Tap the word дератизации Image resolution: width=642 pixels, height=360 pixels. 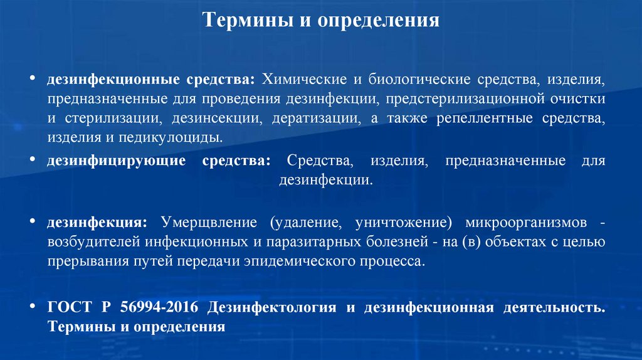326,118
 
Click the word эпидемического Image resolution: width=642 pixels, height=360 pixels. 305,260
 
